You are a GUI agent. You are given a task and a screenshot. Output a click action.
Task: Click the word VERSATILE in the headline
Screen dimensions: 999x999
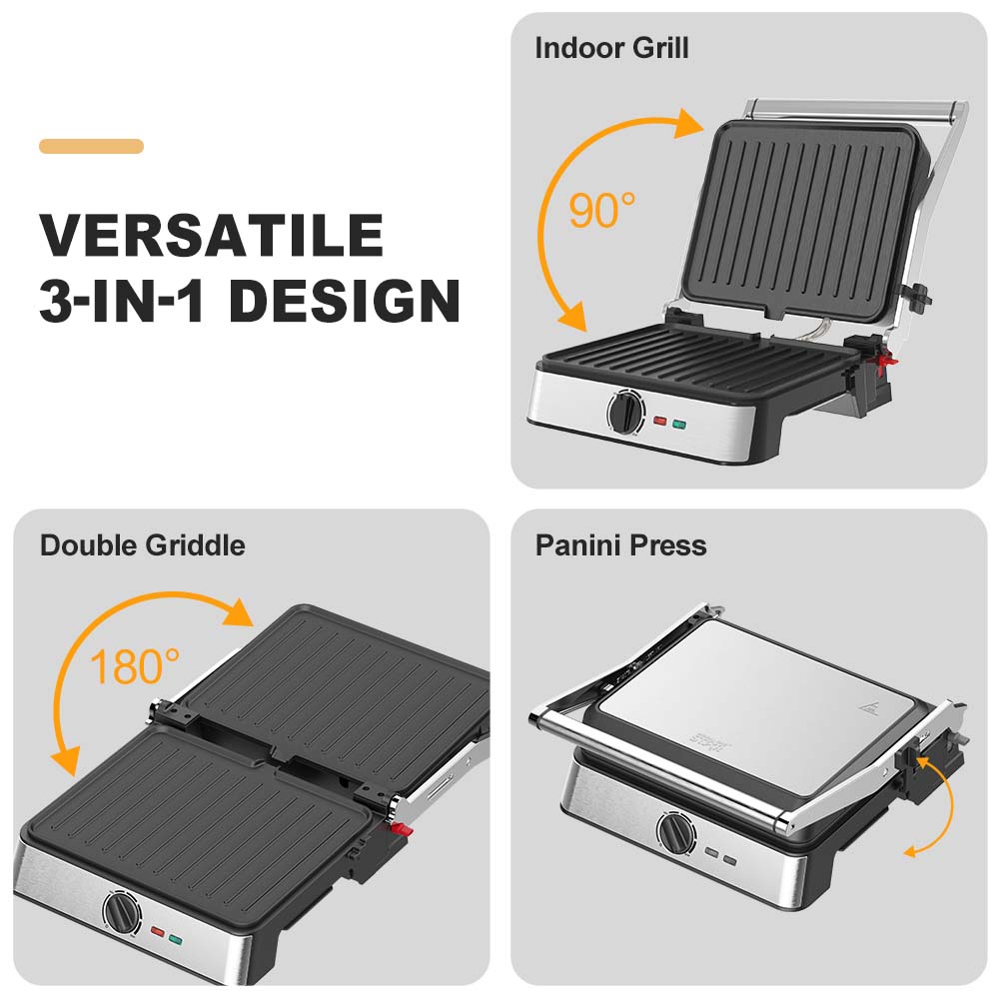(211, 236)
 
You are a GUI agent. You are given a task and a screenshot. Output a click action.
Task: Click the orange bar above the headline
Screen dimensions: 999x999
(91, 146)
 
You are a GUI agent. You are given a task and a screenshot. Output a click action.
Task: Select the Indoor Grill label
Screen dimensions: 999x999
(611, 48)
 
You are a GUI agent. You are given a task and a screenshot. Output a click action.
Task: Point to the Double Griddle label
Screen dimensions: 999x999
(142, 545)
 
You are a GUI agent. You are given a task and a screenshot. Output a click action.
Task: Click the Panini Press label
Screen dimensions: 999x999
(620, 545)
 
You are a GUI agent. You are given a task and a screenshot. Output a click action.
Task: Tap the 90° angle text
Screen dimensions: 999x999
(601, 210)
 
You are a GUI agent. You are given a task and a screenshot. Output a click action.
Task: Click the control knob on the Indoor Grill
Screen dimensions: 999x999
(626, 412)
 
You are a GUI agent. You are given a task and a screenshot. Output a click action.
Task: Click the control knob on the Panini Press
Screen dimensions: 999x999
(674, 832)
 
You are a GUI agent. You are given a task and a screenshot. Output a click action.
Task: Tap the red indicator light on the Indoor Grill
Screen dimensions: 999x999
(659, 422)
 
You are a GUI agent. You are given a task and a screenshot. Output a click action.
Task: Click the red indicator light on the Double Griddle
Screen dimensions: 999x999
(157, 933)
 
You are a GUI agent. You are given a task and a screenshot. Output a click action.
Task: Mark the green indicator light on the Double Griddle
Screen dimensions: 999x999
(176, 938)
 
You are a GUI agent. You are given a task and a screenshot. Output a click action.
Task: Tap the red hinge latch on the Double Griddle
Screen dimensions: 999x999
(401, 828)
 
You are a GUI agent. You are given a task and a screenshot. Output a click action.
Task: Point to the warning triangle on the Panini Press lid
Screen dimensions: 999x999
(866, 708)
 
